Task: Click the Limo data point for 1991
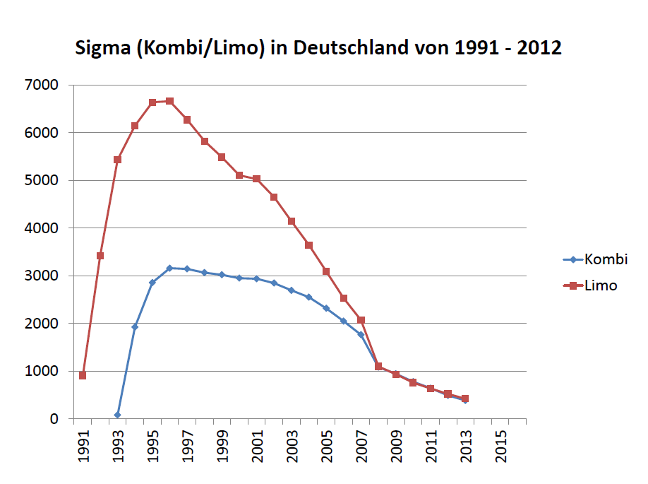(83, 375)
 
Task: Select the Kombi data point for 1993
(117, 415)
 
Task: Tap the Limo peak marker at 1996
(169, 101)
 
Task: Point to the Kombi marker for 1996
(169, 268)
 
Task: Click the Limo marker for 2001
(256, 179)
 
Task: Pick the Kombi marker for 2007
(361, 335)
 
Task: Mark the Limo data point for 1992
(100, 256)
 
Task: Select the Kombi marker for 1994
(135, 326)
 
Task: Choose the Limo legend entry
(601, 285)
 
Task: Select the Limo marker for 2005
(326, 271)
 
